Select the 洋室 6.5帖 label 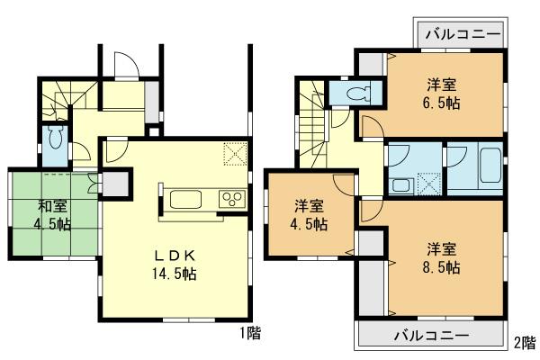tap(442, 93)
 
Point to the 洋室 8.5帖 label tap(442, 257)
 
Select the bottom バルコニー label tap(431, 335)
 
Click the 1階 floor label tap(249, 334)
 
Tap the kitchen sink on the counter tap(186, 199)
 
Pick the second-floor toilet tap(359, 92)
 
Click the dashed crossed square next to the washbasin tap(427, 185)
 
